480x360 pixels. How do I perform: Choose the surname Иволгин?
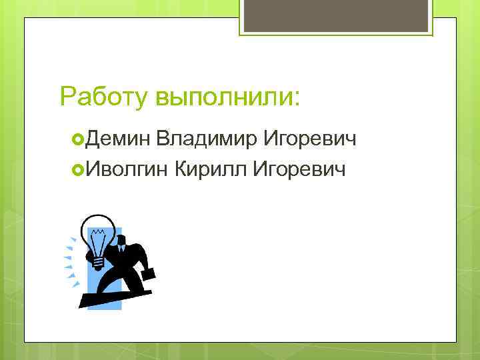[125, 170]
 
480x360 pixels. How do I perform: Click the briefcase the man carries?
[148, 271]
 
